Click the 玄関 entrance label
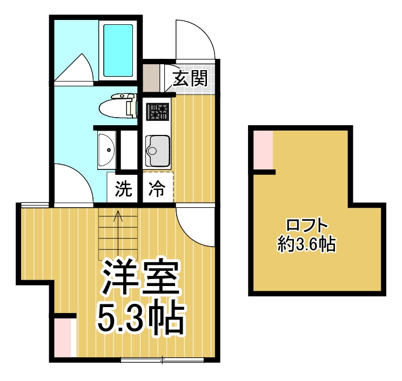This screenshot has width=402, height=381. pyautogui.click(x=190, y=79)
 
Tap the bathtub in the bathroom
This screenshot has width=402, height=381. pyautogui.click(x=118, y=49)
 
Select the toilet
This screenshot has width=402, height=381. pyautogui.click(x=118, y=106)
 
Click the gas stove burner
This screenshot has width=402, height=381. pyautogui.click(x=158, y=112)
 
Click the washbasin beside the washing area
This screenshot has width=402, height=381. pyautogui.click(x=106, y=149)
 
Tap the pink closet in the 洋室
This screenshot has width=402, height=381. pyautogui.click(x=64, y=337)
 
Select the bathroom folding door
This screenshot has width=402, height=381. pyautogui.click(x=76, y=67)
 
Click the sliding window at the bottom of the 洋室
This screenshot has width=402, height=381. pyautogui.click(x=163, y=358)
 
